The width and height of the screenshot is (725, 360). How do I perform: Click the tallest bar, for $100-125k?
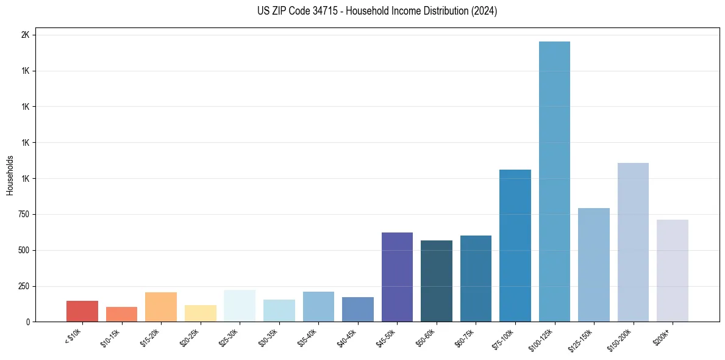pyautogui.click(x=554, y=181)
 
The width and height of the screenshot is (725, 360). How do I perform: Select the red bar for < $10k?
pyautogui.click(x=82, y=311)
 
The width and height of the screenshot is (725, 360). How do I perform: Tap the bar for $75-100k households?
pyautogui.click(x=515, y=245)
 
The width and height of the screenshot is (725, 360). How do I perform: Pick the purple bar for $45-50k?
pyautogui.click(x=397, y=277)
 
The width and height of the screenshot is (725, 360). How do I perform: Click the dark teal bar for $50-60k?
pyautogui.click(x=437, y=281)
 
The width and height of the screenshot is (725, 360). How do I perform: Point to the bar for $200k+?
pyautogui.click(x=672, y=270)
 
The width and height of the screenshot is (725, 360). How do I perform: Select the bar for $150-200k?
pyautogui.click(x=633, y=242)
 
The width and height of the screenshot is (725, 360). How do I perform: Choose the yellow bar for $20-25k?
pyautogui.click(x=201, y=313)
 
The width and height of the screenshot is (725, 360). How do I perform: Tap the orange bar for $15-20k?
pyautogui.click(x=161, y=307)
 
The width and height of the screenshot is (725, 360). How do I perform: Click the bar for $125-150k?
pyautogui.click(x=594, y=265)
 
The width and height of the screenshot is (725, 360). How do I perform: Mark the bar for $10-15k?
pyautogui.click(x=121, y=314)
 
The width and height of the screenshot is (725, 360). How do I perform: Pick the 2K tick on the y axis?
pyautogui.click(x=25, y=35)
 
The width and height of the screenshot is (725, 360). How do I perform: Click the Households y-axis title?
pyautogui.click(x=10, y=175)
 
